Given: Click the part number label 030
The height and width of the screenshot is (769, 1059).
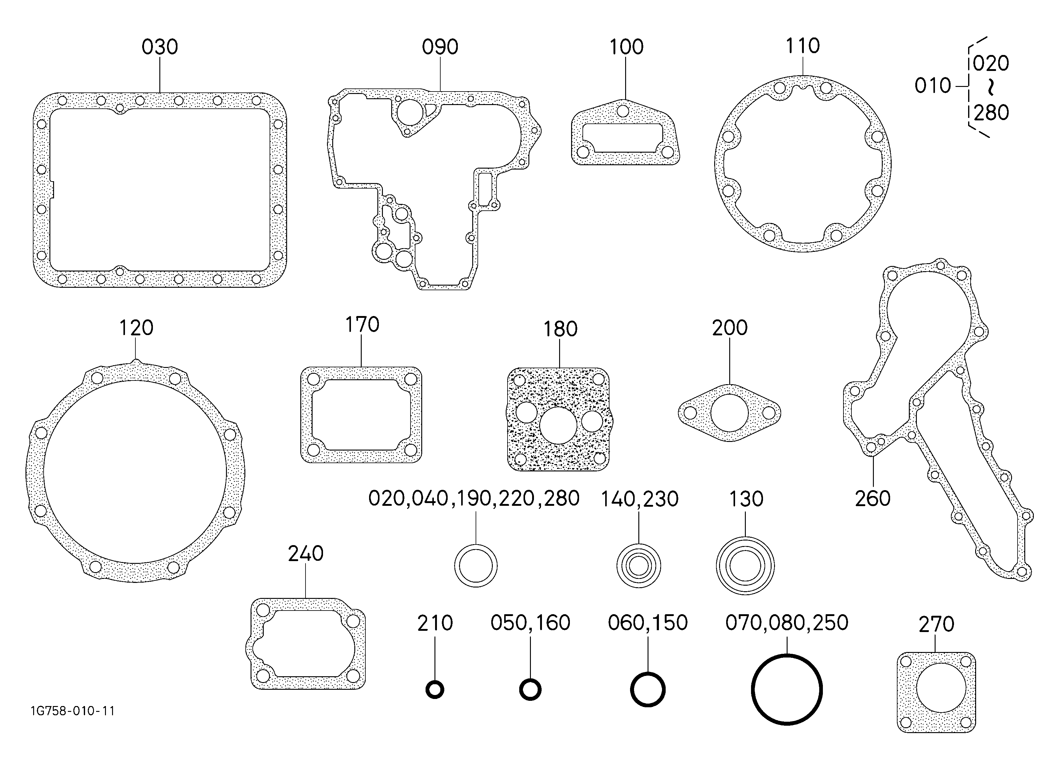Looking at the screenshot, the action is pos(160,47).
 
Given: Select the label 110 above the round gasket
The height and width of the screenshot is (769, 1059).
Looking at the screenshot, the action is pos(803,46).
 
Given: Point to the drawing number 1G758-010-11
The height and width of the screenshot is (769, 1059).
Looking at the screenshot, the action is pos(72,711).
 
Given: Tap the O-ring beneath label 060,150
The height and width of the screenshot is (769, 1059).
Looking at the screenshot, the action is pos(648,673).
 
